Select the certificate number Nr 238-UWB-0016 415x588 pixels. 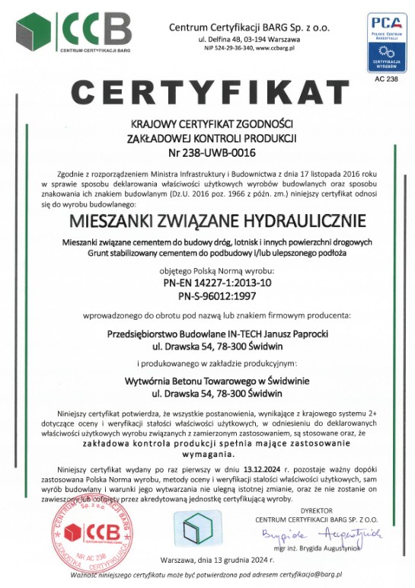pyautogui.click(x=207, y=152)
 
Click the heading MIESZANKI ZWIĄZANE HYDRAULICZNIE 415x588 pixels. pyautogui.click(x=207, y=221)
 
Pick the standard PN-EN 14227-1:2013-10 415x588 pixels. pyautogui.click(x=207, y=281)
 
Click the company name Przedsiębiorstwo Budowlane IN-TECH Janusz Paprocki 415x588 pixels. pyautogui.click(x=207, y=332)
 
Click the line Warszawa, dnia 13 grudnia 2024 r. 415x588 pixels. pyautogui.click(x=207, y=559)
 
